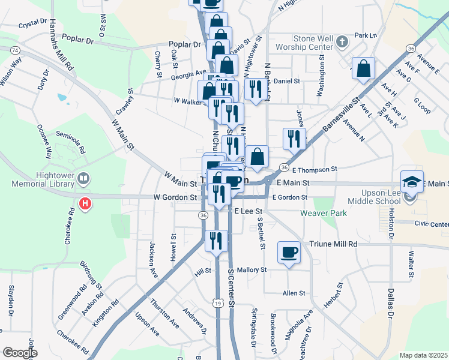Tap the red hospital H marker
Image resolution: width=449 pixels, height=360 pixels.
pos(86,204)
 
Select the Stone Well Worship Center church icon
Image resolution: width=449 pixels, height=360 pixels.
pos(342,41)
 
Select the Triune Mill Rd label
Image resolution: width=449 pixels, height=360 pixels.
pos(333,244)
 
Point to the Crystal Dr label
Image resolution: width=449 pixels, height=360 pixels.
pos(32,25)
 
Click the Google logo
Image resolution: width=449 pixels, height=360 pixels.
pos(20,353)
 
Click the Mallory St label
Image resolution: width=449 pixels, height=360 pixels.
pos(252,270)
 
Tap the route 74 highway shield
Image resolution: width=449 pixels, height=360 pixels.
pos(15,49)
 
